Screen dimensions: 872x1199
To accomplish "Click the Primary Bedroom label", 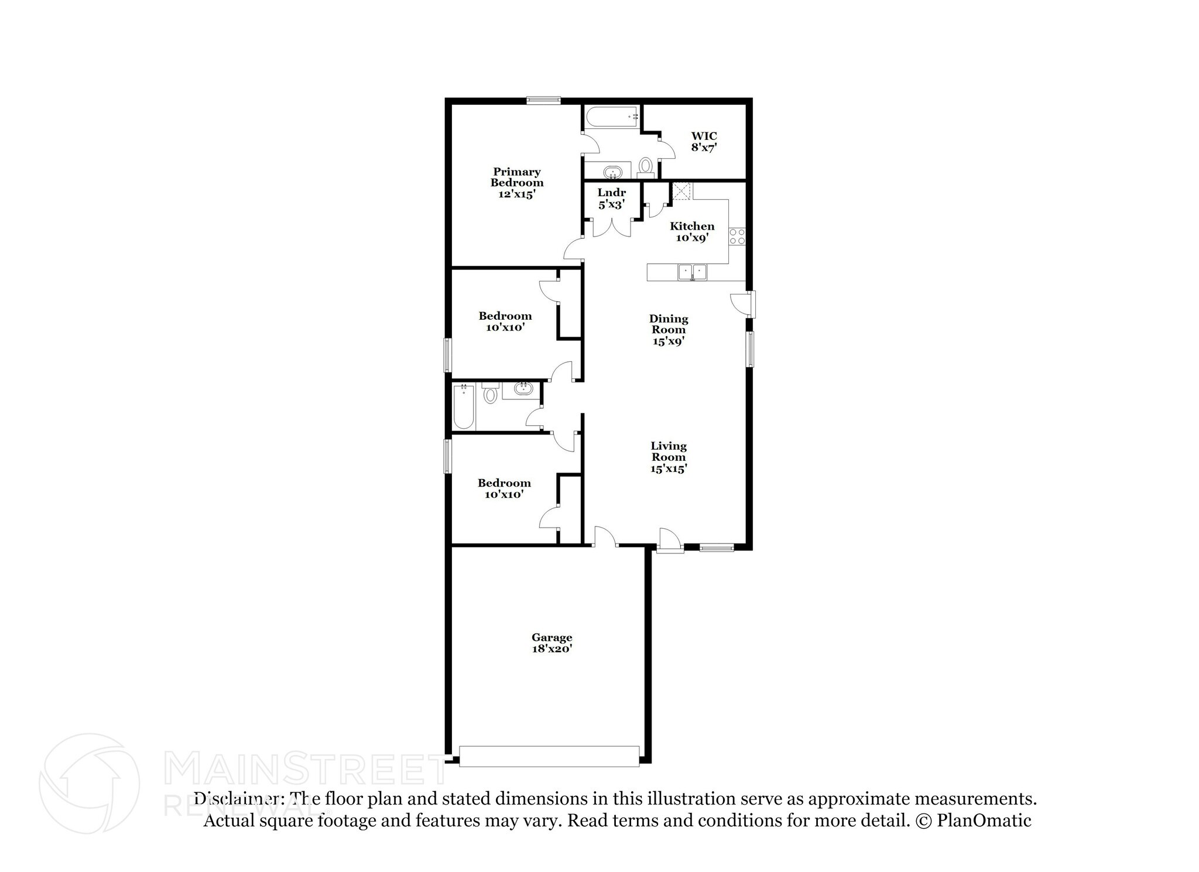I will pyautogui.click(x=517, y=183).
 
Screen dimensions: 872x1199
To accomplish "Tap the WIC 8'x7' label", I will pyautogui.click(x=704, y=142).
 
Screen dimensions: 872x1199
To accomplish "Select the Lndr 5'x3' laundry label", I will pyautogui.click(x=612, y=199).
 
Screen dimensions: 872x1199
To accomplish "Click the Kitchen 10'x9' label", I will pyautogui.click(x=692, y=232).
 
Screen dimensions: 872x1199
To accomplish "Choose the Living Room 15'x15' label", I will pyautogui.click(x=669, y=457).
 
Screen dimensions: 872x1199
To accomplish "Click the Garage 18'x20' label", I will pyautogui.click(x=551, y=643).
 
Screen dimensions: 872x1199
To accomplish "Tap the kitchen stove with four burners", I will pyautogui.click(x=737, y=237).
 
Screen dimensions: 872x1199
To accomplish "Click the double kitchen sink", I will pyautogui.click(x=693, y=272).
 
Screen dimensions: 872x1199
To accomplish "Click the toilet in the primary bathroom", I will pyautogui.click(x=645, y=166).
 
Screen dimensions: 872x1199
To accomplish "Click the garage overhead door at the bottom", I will pyautogui.click(x=549, y=755).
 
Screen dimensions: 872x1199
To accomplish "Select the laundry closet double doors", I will pyautogui.click(x=612, y=227).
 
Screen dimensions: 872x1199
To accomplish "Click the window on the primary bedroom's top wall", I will pyautogui.click(x=543, y=100).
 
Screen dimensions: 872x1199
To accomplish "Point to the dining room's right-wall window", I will pyautogui.click(x=749, y=349).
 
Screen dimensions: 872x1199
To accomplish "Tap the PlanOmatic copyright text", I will pyautogui.click(x=972, y=820).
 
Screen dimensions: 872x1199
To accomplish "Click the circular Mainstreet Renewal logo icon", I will pyautogui.click(x=89, y=783).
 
